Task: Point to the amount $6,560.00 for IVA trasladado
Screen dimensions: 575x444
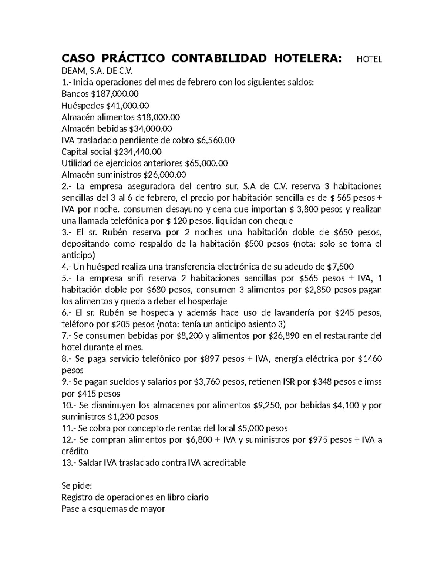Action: pos(215,140)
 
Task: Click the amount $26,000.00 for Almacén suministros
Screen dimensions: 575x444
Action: pos(165,175)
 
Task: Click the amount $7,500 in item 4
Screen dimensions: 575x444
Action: pos(340,267)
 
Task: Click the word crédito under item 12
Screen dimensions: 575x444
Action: pos(75,451)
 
